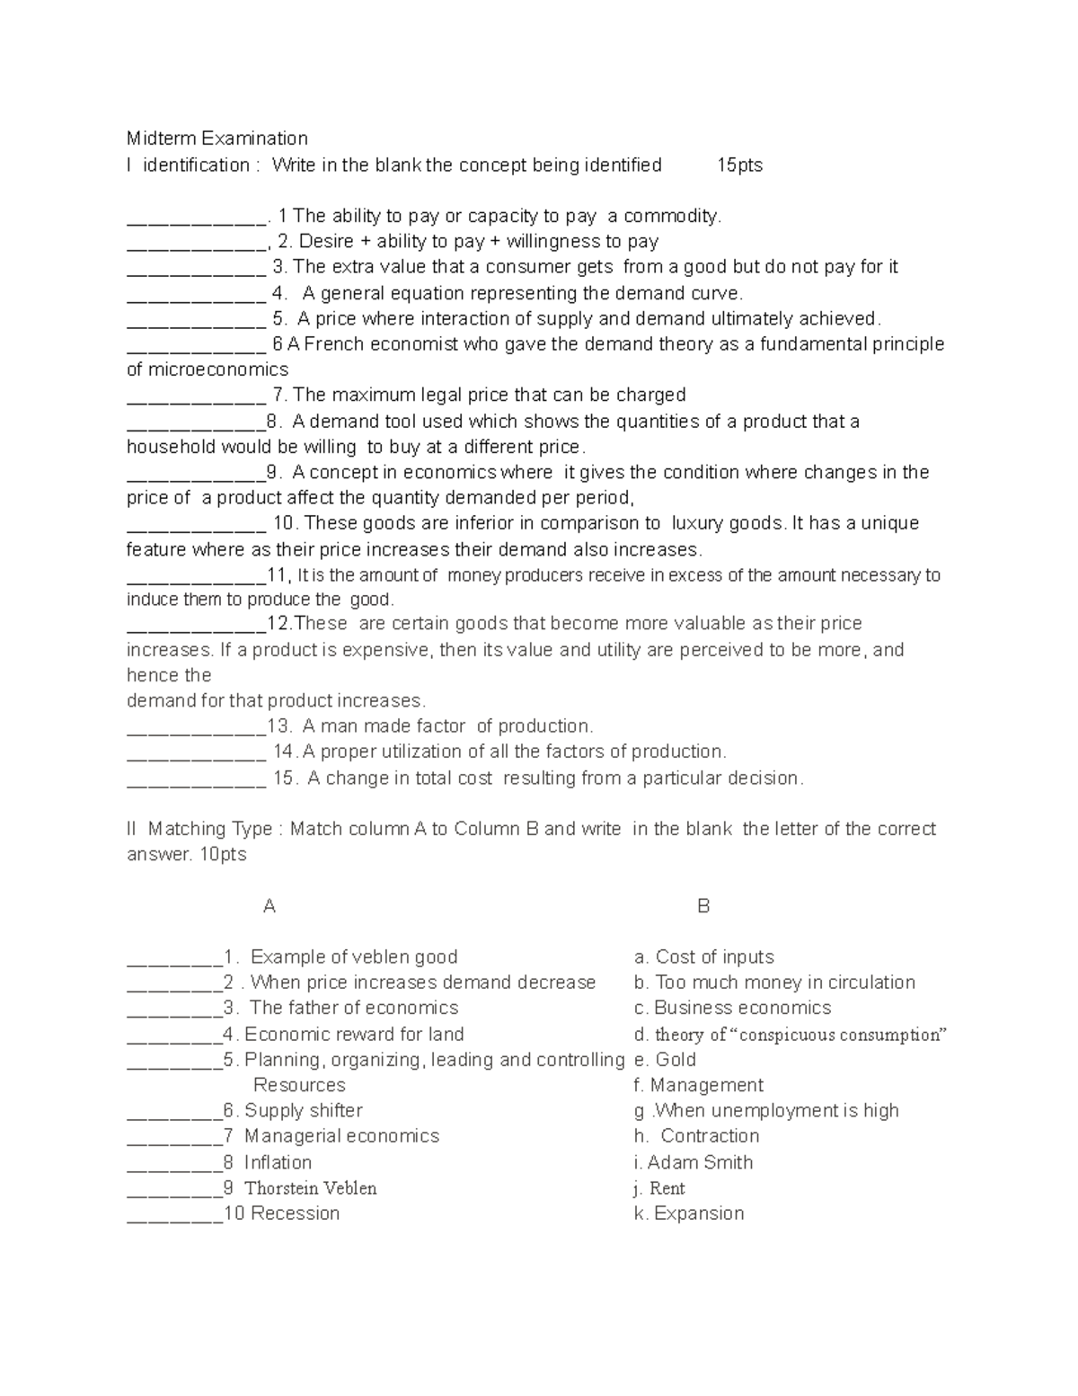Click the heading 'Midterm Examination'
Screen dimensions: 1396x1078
(216, 138)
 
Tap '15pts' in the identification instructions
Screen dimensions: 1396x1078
(739, 164)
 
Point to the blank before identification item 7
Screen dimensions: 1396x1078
(196, 397)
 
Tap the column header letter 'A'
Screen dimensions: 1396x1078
(269, 906)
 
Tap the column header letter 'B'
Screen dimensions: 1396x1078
(703, 906)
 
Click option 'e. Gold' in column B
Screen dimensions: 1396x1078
(665, 1060)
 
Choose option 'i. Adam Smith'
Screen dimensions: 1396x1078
(693, 1162)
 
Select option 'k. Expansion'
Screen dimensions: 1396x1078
(689, 1214)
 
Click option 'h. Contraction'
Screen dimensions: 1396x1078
(696, 1136)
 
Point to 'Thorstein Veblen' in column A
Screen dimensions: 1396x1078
(310, 1188)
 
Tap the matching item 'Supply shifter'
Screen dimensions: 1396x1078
(303, 1111)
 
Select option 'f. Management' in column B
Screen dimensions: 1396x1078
(698, 1086)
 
